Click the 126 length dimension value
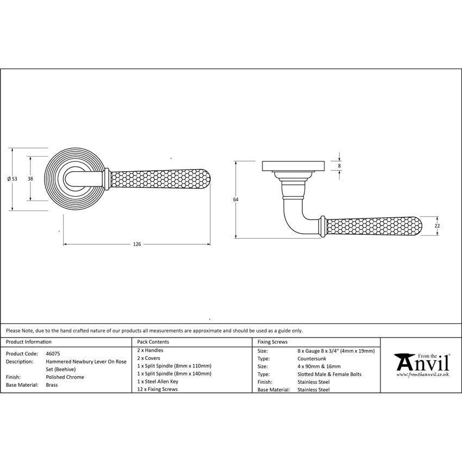click(x=137, y=245)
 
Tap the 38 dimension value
click(x=30, y=179)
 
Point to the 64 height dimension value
click(x=235, y=199)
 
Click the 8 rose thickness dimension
click(x=339, y=165)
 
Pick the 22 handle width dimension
click(x=437, y=226)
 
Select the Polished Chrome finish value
click(x=65, y=377)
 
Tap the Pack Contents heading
click(x=153, y=342)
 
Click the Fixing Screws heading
click(x=272, y=342)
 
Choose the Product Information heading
click(x=29, y=342)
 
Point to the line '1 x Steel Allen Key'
click(x=158, y=382)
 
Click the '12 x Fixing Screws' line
click(x=158, y=389)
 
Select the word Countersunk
click(x=312, y=359)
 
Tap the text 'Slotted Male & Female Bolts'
click(x=329, y=374)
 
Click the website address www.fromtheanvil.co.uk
click(x=422, y=374)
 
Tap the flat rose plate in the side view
click(x=294, y=165)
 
